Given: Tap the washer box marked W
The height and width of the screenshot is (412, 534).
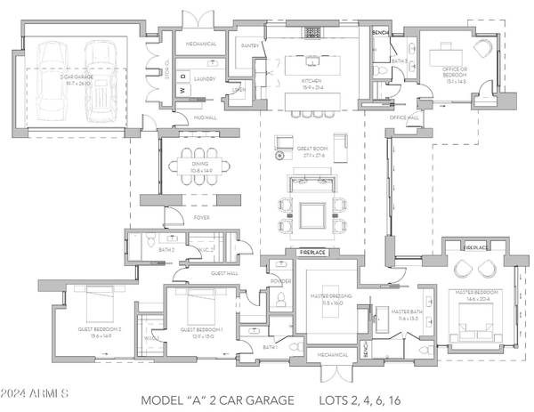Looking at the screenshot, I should coord(181,89).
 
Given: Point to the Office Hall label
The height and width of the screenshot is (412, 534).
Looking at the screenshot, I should coord(404,117).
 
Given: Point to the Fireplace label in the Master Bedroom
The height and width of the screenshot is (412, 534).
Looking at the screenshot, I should coord(477,247).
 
